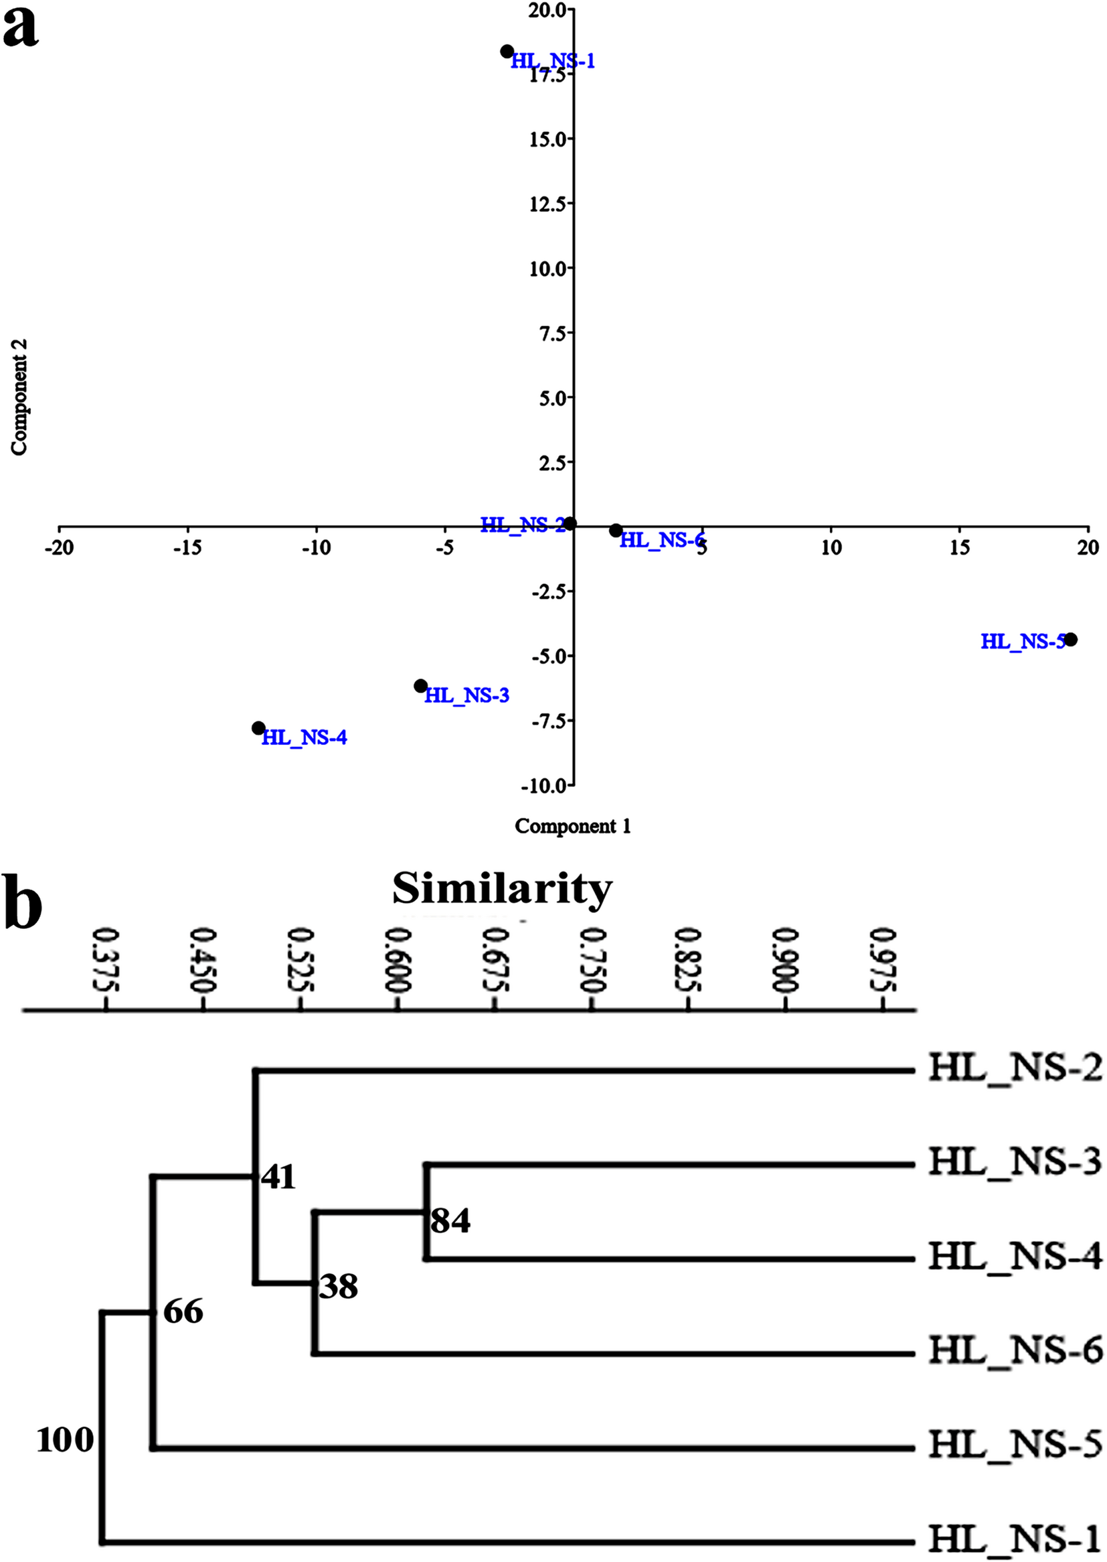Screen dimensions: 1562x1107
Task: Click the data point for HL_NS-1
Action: click(x=507, y=52)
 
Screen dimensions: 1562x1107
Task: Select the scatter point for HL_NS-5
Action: click(x=1070, y=640)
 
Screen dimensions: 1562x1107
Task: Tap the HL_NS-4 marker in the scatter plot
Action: click(x=258, y=728)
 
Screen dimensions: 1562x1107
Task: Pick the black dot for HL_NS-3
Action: click(x=420, y=685)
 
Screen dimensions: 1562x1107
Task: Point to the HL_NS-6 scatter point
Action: click(x=616, y=530)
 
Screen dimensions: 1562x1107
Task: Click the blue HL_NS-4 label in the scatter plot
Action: click(x=304, y=738)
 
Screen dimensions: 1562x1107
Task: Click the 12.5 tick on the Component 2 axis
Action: click(x=549, y=204)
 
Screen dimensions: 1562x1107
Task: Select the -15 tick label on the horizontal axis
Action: click(x=187, y=548)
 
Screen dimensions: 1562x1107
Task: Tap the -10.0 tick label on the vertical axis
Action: click(x=545, y=786)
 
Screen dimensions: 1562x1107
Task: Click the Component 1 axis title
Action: click(x=573, y=826)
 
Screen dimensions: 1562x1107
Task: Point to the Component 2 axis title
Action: click(x=19, y=397)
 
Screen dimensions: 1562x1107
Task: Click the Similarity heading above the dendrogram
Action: click(x=503, y=889)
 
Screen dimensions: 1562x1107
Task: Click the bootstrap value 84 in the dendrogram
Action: click(x=450, y=1221)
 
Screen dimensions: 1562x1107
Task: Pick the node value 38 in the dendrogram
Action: click(x=339, y=1287)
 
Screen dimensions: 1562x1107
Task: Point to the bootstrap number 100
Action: click(x=65, y=1441)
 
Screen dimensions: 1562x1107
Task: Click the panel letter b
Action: click(x=23, y=902)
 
